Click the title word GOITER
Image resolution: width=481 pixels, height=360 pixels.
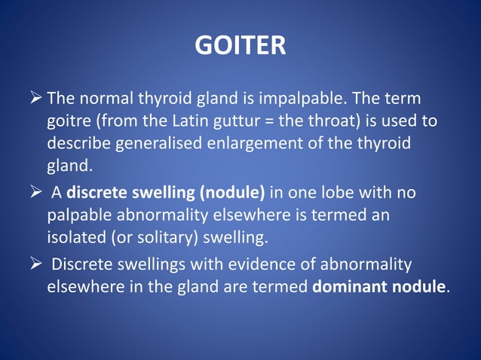(240, 47)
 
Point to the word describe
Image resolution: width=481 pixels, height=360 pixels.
(76, 142)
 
